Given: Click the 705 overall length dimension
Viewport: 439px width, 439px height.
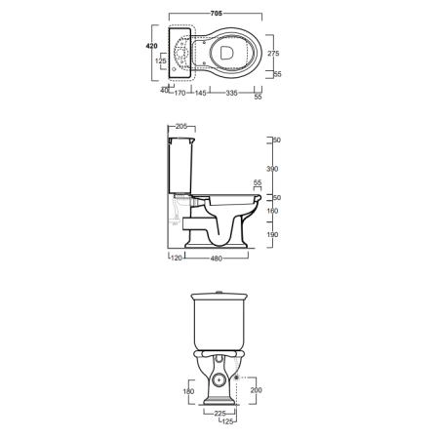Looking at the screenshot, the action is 217,14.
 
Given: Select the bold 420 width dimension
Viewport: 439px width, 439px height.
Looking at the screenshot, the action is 151,46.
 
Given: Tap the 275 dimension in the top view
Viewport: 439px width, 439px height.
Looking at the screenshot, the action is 273,54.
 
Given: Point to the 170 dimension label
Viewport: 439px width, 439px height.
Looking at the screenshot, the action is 180,93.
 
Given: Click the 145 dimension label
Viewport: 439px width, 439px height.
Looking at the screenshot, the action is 200,93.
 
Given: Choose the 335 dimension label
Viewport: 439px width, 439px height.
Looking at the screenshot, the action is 231,93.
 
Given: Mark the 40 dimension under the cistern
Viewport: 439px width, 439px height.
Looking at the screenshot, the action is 165,91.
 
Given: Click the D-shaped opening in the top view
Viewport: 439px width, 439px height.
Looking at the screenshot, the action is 226,53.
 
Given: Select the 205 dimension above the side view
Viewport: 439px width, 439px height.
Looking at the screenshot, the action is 181,127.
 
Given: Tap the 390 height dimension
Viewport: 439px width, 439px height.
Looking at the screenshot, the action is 272,169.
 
